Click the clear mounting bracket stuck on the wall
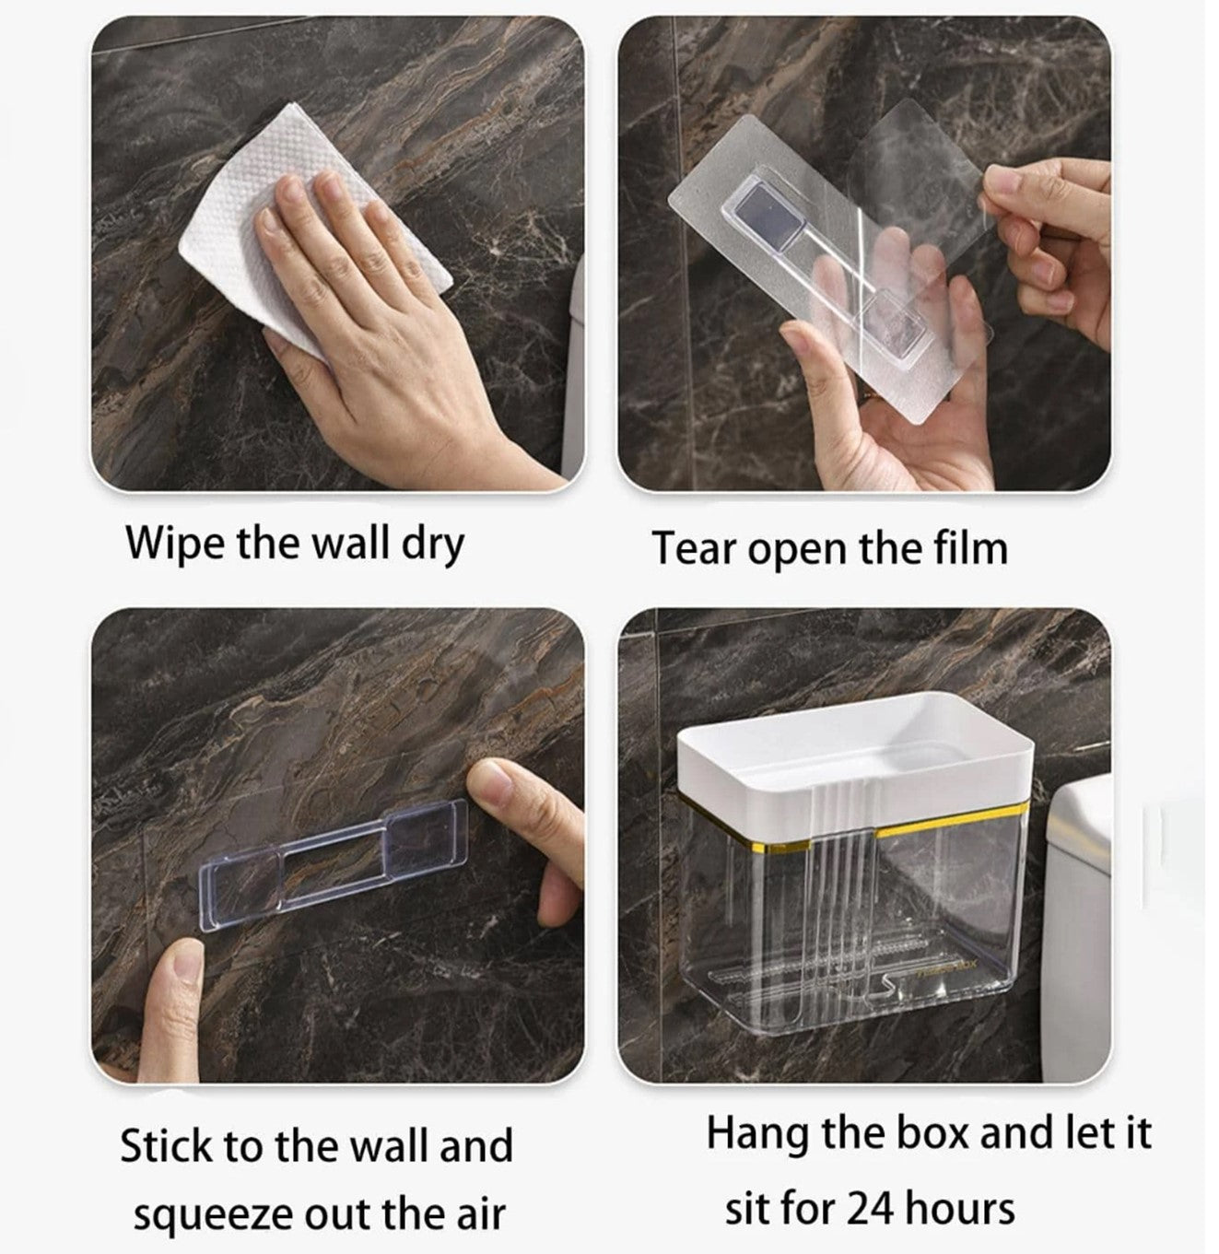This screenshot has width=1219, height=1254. pyautogui.click(x=334, y=865)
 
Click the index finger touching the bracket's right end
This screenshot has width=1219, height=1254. pyautogui.click(x=522, y=812)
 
